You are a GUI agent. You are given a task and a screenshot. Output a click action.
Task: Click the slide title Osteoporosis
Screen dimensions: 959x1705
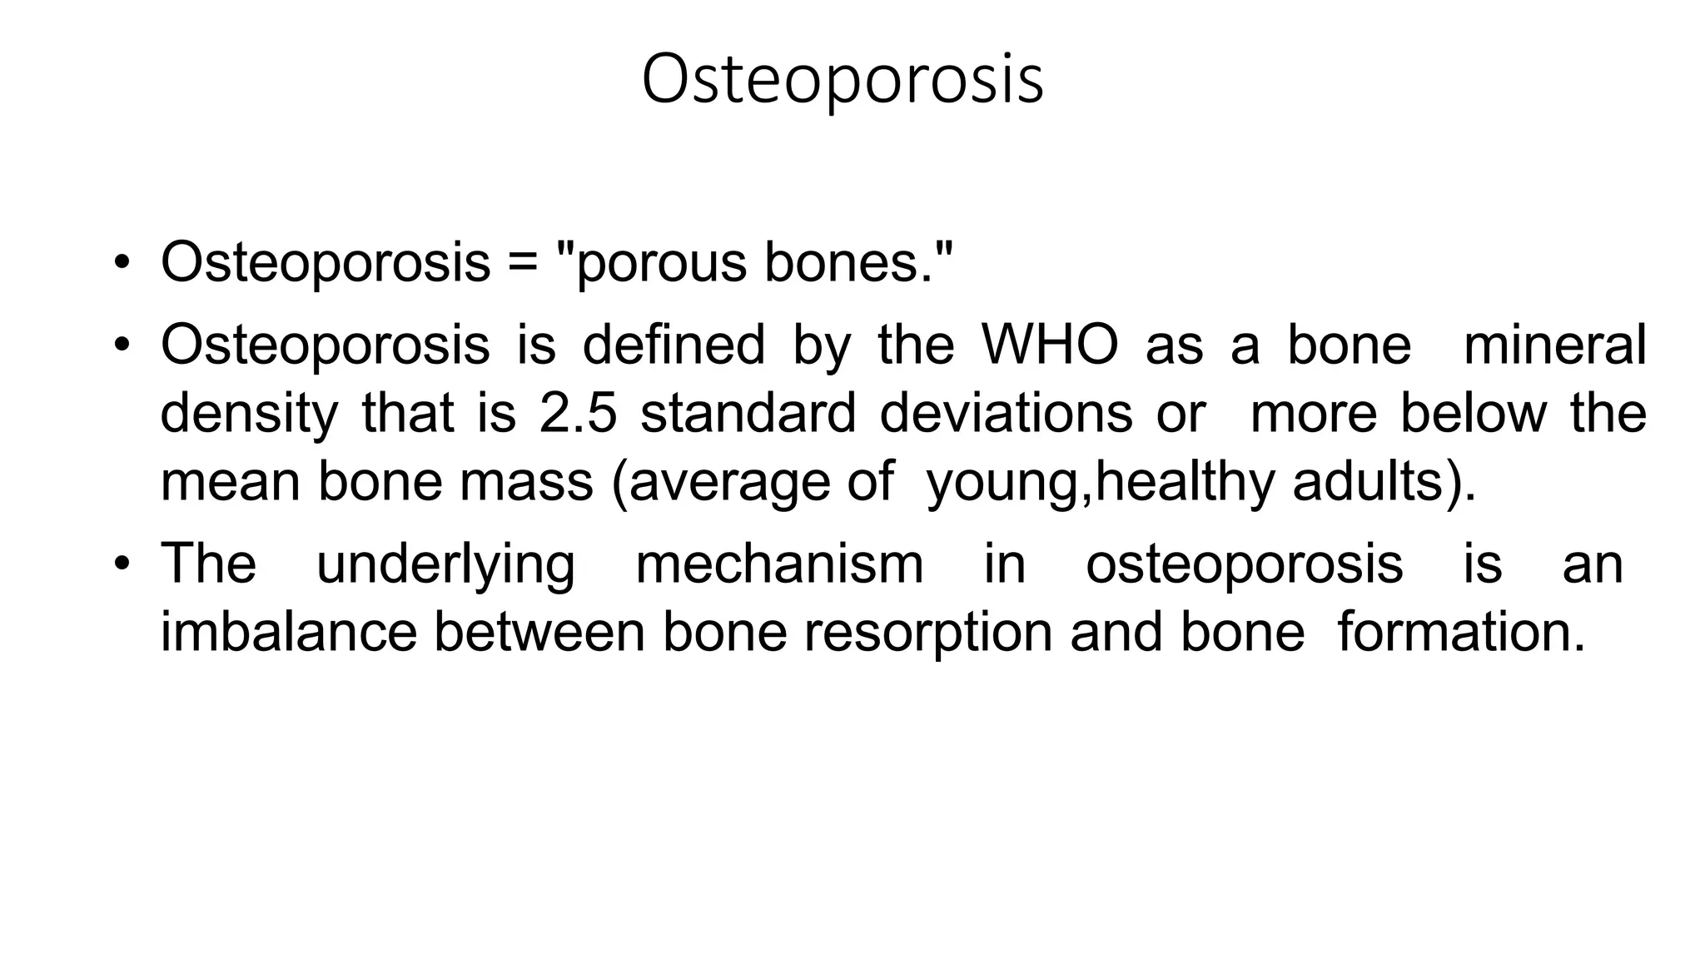842,80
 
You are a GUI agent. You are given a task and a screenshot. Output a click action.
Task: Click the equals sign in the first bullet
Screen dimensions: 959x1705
524,263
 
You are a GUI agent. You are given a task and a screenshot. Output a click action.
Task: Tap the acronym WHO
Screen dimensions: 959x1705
1050,345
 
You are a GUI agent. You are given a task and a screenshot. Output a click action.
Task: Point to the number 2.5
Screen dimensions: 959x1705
579,413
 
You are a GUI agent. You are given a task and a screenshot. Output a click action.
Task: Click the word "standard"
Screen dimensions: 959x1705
748,413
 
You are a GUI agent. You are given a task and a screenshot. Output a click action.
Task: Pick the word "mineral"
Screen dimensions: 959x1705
1553,345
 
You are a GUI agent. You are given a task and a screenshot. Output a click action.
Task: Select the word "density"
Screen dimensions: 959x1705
249,415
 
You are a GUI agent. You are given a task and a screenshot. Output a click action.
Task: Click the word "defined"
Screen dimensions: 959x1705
673,345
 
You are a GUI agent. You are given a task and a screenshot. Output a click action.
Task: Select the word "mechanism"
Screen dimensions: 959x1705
779,564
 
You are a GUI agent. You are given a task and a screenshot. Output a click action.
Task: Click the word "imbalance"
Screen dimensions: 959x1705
288,633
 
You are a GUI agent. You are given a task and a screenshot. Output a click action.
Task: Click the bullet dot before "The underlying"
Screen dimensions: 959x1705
122,564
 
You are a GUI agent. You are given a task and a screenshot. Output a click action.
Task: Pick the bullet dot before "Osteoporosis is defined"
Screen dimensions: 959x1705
122,345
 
